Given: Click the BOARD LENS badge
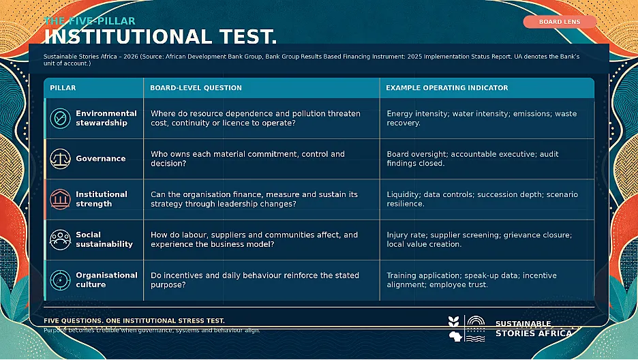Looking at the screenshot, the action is [560, 22].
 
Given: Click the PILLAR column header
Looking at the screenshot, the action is [63, 88].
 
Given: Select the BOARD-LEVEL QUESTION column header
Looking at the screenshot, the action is [196, 88].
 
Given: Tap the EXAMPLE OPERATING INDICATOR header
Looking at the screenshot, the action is [446, 88].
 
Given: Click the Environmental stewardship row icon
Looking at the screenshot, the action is [60, 119].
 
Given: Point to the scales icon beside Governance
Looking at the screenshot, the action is [60, 159].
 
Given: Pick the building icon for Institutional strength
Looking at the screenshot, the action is [60, 199].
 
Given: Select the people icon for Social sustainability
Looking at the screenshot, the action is [60, 239].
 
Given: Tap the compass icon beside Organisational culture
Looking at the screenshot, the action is [60, 280].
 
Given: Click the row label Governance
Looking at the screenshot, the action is [100, 159].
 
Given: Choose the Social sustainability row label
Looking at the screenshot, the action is [104, 239].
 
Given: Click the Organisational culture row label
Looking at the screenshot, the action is [106, 280].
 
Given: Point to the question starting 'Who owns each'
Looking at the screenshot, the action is [247, 159].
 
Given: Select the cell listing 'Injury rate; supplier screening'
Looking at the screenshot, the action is [479, 239].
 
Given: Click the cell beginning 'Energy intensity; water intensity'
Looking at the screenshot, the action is [482, 119].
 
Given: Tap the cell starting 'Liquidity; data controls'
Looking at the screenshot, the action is [482, 199].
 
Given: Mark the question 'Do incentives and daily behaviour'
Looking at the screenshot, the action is [255, 280].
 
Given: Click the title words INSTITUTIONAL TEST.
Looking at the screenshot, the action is [160, 37].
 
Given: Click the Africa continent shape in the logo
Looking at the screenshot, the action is [455, 336].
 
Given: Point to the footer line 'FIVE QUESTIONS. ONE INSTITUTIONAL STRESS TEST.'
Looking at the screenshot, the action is [134, 321].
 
